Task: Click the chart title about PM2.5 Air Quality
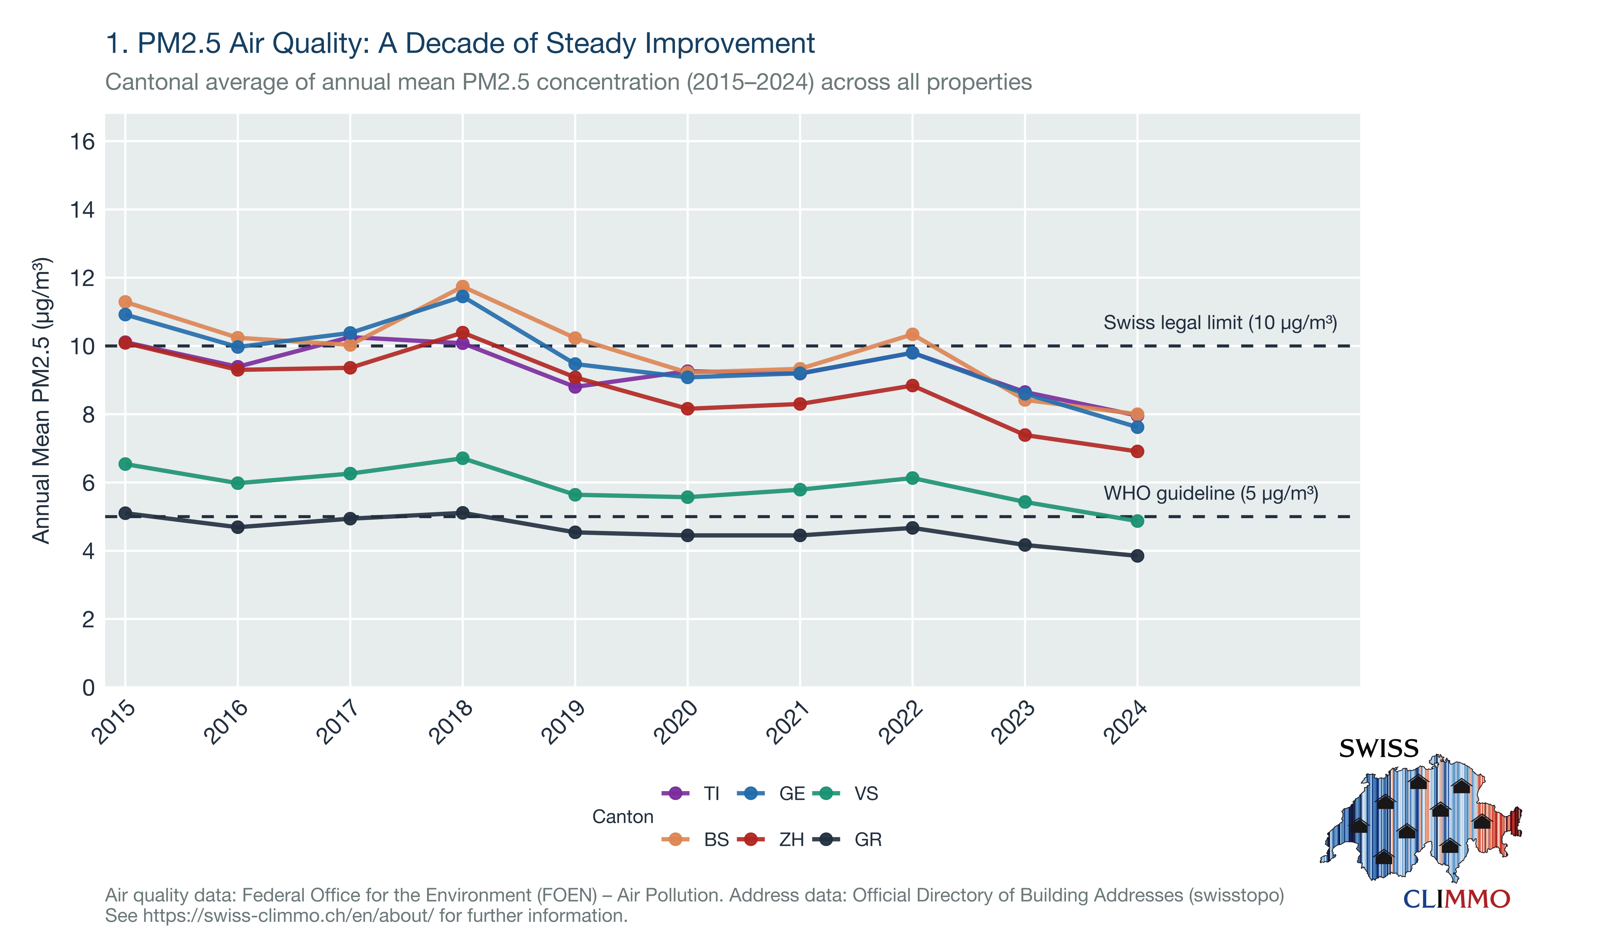(460, 43)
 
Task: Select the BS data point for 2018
(462, 287)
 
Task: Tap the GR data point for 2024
(1137, 556)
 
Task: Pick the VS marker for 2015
(126, 464)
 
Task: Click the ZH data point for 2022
(913, 386)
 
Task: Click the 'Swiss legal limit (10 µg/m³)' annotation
(1220, 323)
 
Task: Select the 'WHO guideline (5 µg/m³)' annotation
(1211, 493)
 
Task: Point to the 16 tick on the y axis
(82, 141)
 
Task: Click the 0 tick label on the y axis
(89, 688)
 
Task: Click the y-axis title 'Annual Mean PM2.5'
(41, 400)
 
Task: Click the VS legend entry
(846, 794)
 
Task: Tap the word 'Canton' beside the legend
(622, 816)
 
